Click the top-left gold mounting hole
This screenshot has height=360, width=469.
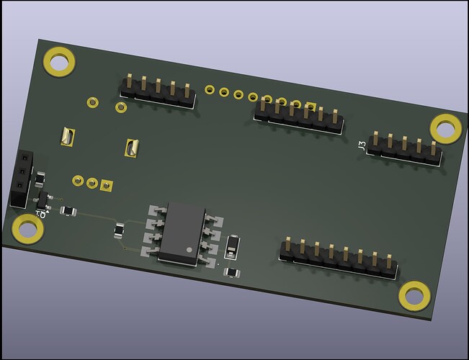(59, 61)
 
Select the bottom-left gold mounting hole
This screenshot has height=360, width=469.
(28, 229)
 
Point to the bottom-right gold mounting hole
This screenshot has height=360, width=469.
(414, 294)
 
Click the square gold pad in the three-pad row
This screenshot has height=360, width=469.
(107, 186)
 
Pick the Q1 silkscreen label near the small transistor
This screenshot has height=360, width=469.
(41, 214)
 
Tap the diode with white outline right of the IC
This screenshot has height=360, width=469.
(232, 246)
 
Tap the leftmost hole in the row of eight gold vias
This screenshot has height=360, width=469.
(209, 90)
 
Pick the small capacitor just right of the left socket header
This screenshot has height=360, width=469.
(40, 178)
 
